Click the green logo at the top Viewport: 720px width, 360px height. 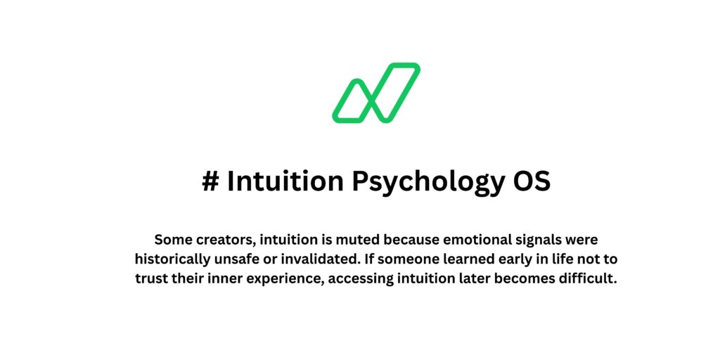click(375, 93)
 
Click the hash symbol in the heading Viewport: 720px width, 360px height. click(210, 181)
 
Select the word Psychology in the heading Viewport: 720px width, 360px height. click(424, 181)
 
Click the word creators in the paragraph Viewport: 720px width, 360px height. click(223, 239)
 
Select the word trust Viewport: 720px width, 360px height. click(153, 277)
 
